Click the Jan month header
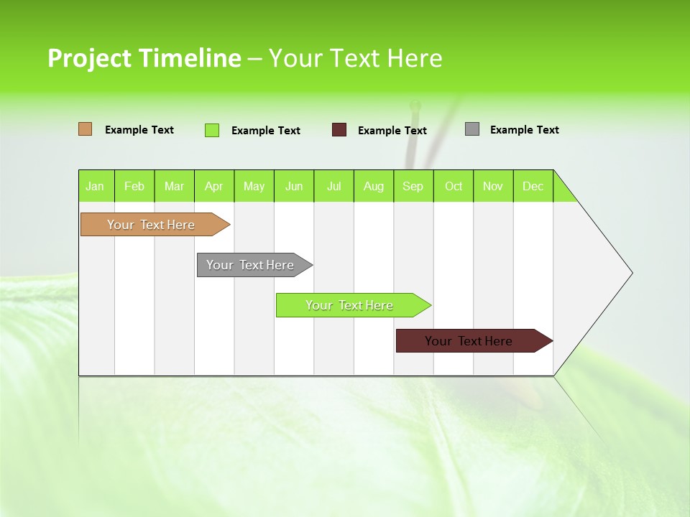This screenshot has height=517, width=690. point(96,186)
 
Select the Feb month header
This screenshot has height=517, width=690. point(134,186)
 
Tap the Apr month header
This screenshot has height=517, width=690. point(214,186)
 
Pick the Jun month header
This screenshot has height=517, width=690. point(294,186)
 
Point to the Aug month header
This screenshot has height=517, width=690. point(374,186)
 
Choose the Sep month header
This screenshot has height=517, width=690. point(413,186)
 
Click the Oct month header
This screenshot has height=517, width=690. point(454,186)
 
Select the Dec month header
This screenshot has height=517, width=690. point(533,186)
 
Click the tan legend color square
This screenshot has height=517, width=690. point(86,129)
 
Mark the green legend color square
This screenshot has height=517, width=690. point(212,130)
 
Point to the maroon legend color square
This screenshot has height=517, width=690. point(339,130)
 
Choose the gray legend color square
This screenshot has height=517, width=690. point(472,129)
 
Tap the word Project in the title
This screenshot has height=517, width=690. point(90,58)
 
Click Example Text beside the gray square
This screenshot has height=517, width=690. point(524,130)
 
